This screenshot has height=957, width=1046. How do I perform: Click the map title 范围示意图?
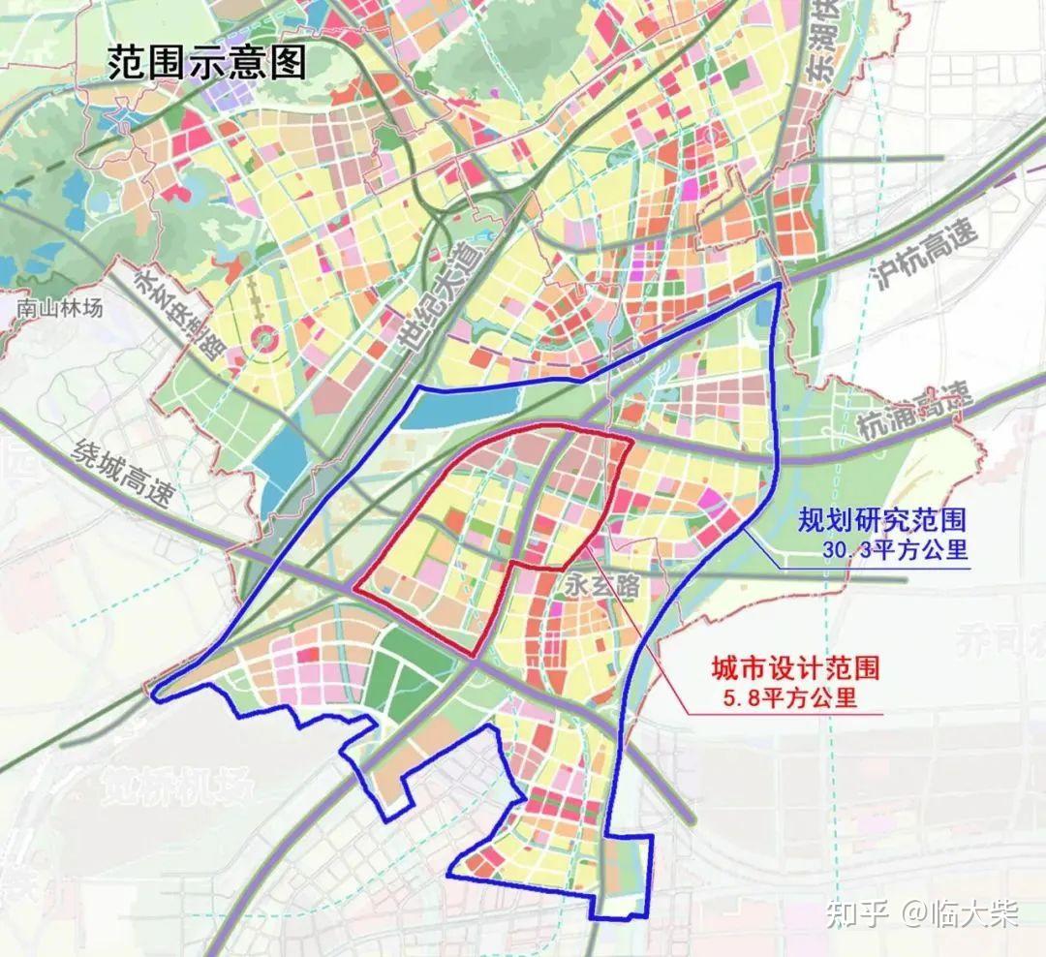(x=207, y=62)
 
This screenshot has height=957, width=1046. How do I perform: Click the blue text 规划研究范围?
(x=881, y=520)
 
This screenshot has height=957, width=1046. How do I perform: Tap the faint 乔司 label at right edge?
(x=998, y=640)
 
